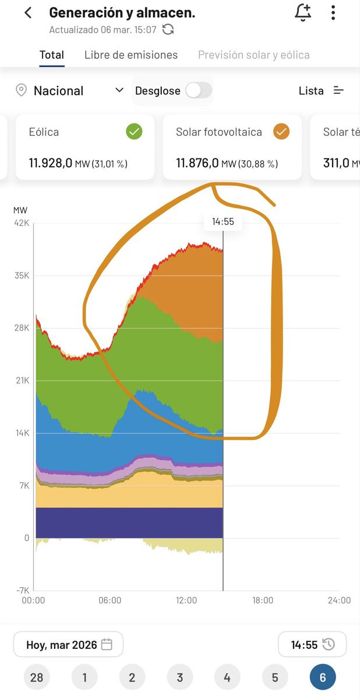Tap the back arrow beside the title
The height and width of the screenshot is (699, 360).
[x=28, y=13]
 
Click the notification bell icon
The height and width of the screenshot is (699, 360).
[x=302, y=12]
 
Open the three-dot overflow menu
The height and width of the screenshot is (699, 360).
[x=333, y=12]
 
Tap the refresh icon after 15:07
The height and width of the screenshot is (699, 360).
[x=168, y=29]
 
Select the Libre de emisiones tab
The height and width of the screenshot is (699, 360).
[x=131, y=55]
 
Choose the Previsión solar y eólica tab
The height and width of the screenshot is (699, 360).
[x=254, y=55]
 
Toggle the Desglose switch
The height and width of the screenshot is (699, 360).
[x=198, y=90]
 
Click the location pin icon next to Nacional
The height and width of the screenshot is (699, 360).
[x=22, y=90]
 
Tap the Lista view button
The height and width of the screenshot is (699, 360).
[x=321, y=90]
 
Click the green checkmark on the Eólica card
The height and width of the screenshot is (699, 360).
[x=134, y=132]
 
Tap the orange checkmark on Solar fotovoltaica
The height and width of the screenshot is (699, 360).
[x=281, y=132]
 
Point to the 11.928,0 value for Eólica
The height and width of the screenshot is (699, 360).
[x=51, y=163]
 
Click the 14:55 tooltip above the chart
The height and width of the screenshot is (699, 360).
[x=223, y=221]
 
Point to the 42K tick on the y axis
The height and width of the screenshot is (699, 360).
[x=22, y=223]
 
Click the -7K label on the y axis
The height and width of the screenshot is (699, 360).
[x=21, y=591]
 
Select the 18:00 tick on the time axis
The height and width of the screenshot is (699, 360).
[x=263, y=601]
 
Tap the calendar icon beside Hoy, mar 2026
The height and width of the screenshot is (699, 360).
[x=107, y=644]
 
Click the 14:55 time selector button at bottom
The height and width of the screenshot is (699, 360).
[x=312, y=644]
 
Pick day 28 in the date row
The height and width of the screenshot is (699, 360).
[x=37, y=677]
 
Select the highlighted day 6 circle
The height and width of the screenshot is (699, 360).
[x=323, y=677]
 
